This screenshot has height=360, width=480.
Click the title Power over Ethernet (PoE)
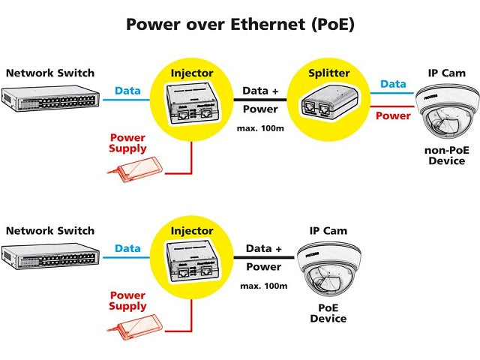coord(240,25)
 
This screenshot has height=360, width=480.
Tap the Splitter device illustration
coord(330,103)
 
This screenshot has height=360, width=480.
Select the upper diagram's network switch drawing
coord(50,98)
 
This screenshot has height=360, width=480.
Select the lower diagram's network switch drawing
coord(50,256)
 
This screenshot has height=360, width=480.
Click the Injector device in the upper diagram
coord(192,103)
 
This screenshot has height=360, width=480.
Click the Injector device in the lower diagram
coord(192,261)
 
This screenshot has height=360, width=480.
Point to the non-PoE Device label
coord(447,155)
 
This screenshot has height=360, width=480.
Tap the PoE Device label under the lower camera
coord(328,313)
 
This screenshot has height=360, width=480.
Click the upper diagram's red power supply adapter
coord(135,169)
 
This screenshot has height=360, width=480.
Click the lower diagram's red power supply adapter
coord(135,327)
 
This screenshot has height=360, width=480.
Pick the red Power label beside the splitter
coord(393,115)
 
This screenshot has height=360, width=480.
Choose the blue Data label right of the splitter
coord(393,84)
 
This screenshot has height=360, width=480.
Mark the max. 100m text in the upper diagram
coord(260,128)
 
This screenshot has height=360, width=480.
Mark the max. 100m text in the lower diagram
coord(263,286)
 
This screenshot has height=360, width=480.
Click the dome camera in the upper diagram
coord(447,111)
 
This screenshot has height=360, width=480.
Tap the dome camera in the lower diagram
coord(328,268)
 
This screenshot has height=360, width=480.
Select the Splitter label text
coord(328,73)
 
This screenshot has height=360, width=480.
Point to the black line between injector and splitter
coord(260,100)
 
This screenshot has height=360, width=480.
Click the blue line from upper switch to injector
coord(127,100)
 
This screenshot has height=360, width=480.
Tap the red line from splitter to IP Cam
coord(393,106)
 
